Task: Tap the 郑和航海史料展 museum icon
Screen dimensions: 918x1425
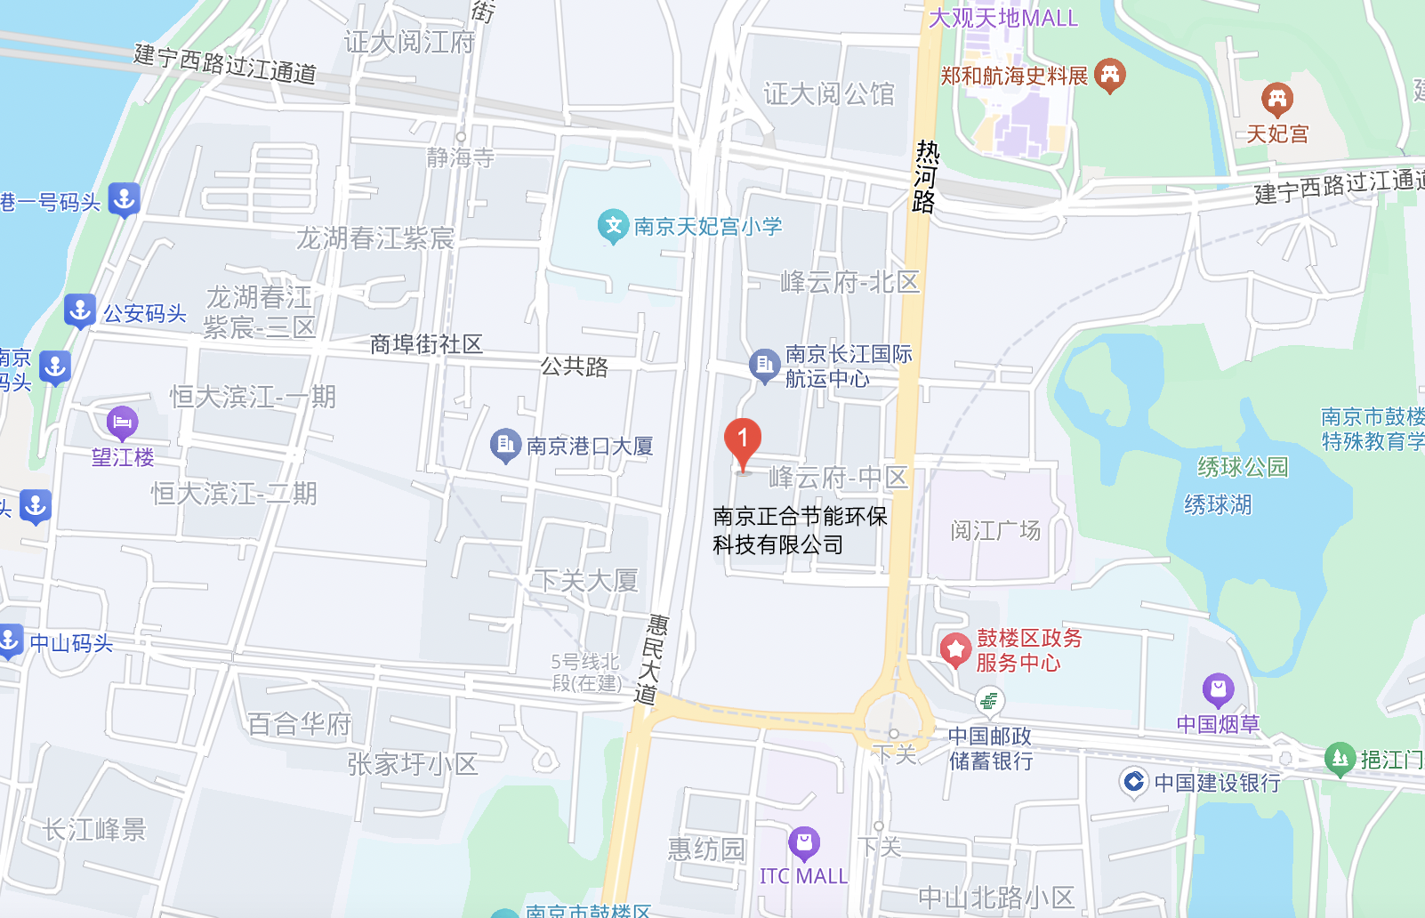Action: (1109, 76)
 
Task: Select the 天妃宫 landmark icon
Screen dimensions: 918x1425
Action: (1276, 99)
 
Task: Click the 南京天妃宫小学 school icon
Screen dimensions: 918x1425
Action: (613, 226)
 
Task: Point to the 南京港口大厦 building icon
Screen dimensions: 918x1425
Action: (505, 445)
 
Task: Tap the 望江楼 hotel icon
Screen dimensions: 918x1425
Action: (122, 423)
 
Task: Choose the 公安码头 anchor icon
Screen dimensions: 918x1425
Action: (80, 311)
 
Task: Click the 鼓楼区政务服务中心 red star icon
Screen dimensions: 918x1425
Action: (955, 649)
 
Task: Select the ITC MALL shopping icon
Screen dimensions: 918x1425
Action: (803, 842)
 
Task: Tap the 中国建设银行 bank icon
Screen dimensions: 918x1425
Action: (1133, 782)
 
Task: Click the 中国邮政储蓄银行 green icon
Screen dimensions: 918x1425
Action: (988, 701)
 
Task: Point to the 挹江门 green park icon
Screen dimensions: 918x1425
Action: (1340, 759)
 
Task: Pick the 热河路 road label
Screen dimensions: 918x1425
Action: (925, 177)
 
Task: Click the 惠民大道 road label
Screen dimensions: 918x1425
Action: (651, 659)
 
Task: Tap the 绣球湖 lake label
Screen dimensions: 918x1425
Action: (1218, 504)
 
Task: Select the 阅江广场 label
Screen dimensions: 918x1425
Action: (995, 531)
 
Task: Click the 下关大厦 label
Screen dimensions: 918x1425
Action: (586, 581)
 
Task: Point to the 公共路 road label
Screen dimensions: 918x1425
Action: (575, 366)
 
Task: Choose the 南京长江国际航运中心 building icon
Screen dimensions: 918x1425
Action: (764, 365)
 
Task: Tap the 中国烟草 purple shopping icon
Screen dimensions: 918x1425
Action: (1218, 690)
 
